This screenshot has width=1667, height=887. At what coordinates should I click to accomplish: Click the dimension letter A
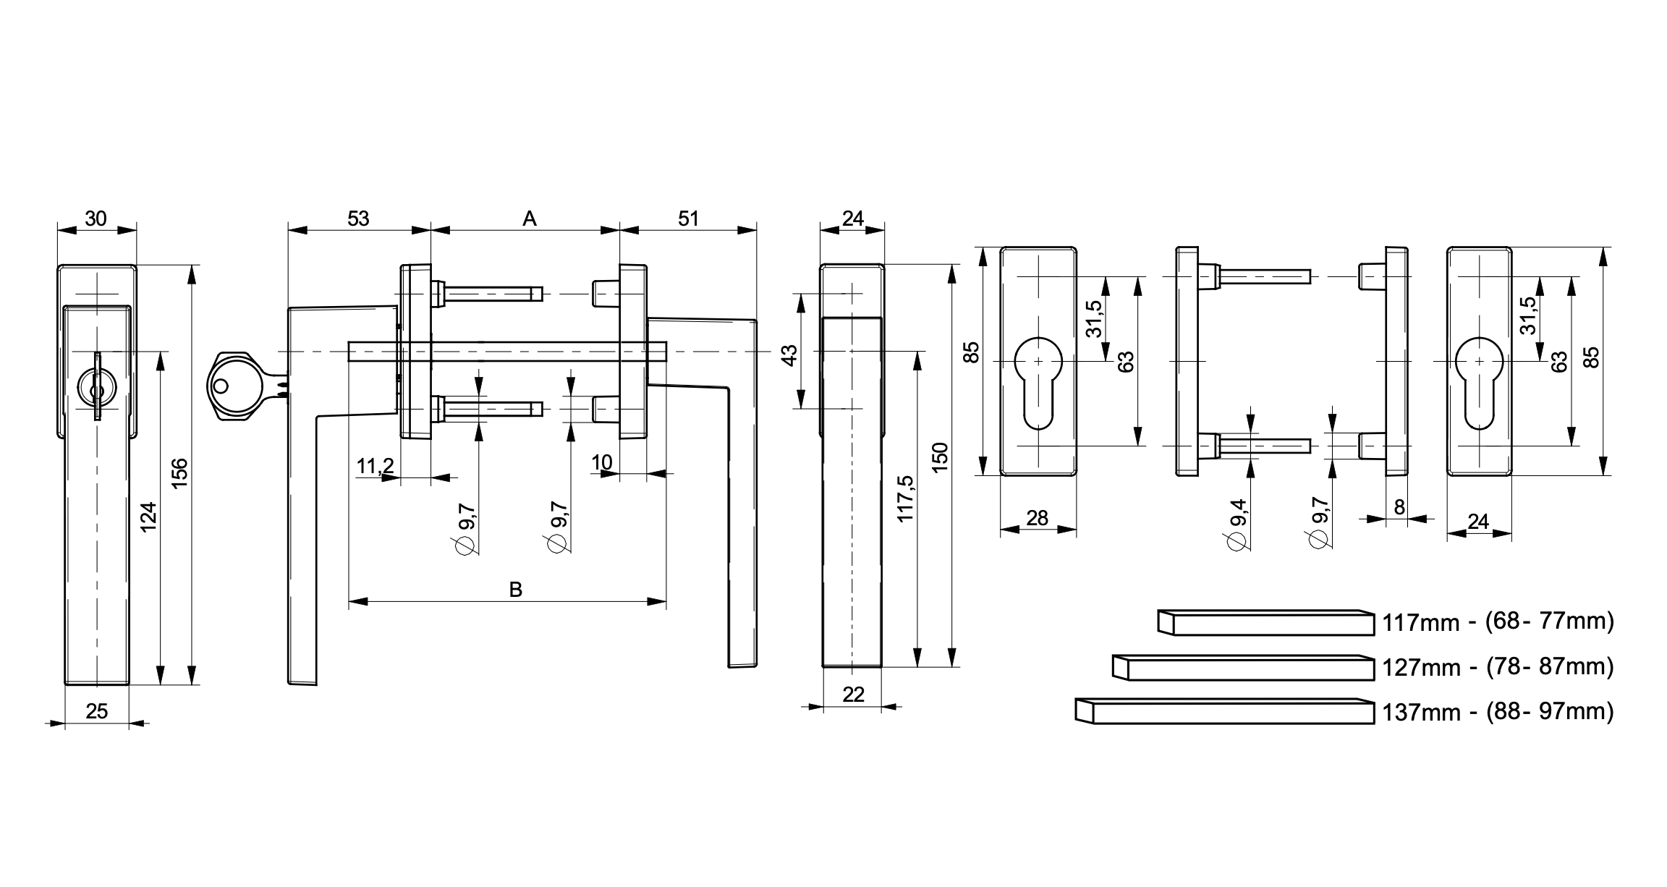click(x=530, y=218)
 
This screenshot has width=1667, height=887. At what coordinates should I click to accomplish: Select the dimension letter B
click(x=515, y=589)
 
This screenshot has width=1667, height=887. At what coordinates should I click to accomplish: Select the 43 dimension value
click(x=790, y=355)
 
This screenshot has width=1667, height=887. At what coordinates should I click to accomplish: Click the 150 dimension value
click(x=939, y=457)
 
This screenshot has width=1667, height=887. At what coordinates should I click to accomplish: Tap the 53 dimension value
click(x=358, y=218)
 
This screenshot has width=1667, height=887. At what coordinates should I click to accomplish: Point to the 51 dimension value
click(x=688, y=218)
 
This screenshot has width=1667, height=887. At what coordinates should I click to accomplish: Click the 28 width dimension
click(x=1038, y=518)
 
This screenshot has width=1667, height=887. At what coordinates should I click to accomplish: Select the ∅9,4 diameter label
click(x=1238, y=524)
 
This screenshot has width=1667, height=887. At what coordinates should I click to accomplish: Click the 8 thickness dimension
click(x=1399, y=507)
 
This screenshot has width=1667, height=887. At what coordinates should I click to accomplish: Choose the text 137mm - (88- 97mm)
click(x=1498, y=712)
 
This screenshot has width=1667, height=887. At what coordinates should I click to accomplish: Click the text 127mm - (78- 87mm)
click(x=1498, y=666)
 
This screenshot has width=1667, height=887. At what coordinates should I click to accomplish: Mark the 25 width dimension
click(x=96, y=712)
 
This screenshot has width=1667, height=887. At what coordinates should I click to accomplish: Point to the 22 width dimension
click(x=854, y=695)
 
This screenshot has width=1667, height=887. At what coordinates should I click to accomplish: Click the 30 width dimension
click(x=96, y=218)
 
